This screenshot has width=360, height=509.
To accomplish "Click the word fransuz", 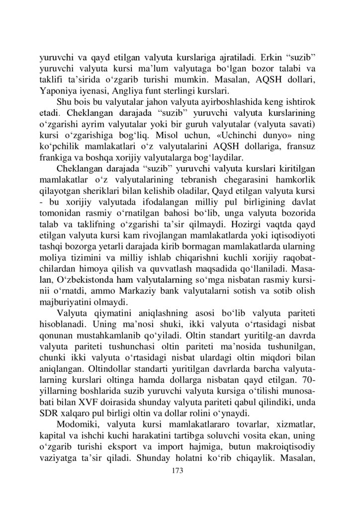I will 305,147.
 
